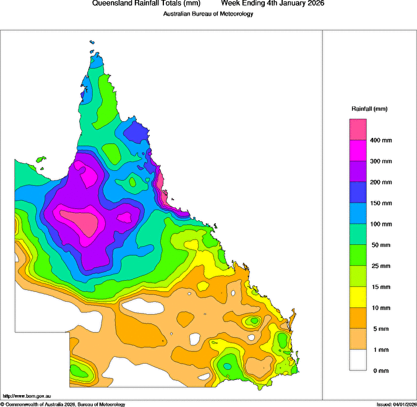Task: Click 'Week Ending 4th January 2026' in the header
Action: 273,4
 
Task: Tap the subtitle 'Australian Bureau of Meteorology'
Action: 208,14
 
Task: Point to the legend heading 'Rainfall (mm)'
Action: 369,109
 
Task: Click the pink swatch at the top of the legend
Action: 358,129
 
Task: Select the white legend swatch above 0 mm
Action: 358,360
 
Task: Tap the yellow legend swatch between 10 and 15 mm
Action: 358,297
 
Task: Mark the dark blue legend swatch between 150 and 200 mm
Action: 358,192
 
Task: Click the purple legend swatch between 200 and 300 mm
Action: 358,171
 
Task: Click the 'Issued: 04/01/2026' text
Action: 395,404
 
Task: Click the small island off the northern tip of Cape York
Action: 92,43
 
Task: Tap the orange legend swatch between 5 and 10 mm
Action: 358,318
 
